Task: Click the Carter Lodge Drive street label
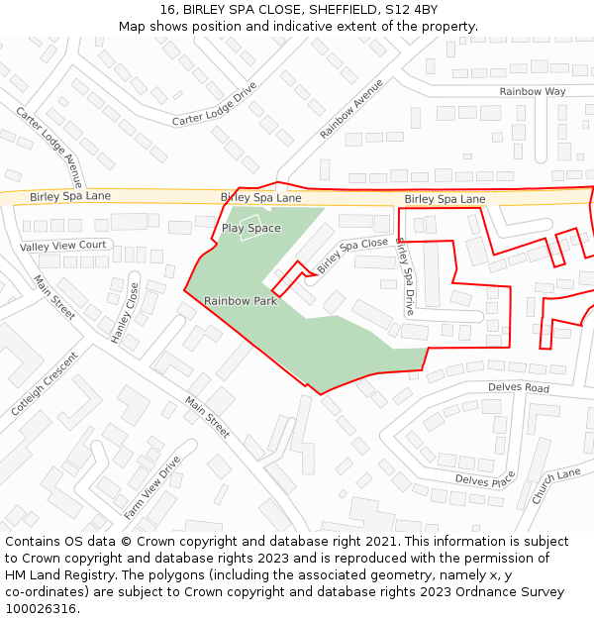click(x=214, y=105)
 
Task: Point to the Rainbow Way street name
click(x=532, y=91)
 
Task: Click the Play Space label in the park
click(x=250, y=228)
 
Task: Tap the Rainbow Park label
click(x=241, y=301)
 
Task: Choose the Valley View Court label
click(x=63, y=245)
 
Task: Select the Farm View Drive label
click(x=152, y=487)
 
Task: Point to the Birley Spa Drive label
click(x=404, y=276)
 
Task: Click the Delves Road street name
click(x=518, y=388)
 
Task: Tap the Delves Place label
click(x=485, y=480)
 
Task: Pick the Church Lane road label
click(x=555, y=486)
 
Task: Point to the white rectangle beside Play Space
click(x=249, y=221)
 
